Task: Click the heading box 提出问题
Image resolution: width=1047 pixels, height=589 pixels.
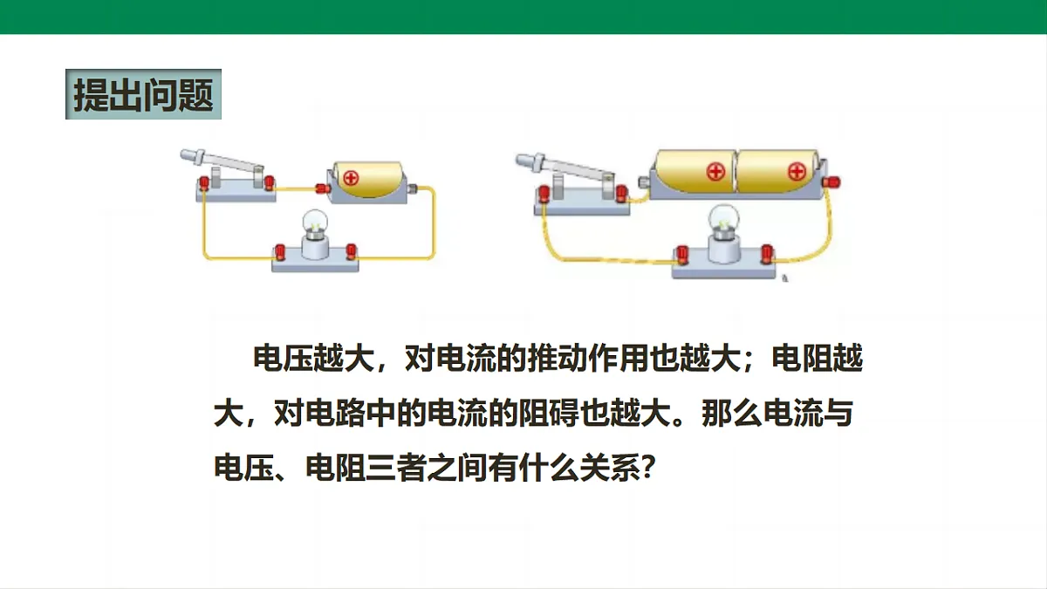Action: click(x=143, y=94)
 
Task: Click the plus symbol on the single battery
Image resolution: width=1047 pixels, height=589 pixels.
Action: click(x=351, y=178)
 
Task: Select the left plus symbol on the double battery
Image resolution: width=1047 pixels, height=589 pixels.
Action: click(x=715, y=172)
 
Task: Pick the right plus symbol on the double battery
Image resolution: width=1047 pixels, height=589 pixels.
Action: click(x=797, y=172)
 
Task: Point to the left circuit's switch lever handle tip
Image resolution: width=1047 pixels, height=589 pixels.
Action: click(x=182, y=154)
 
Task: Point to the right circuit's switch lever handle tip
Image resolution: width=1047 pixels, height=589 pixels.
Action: click(x=518, y=160)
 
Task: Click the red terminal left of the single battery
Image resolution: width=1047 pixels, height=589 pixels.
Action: click(x=323, y=188)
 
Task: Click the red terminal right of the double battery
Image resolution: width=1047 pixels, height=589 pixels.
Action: click(x=831, y=181)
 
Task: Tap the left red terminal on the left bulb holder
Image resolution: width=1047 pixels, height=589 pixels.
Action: click(x=280, y=252)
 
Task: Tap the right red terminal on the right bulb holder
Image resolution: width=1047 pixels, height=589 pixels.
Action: click(x=767, y=253)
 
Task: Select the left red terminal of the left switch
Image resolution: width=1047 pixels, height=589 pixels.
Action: click(x=204, y=182)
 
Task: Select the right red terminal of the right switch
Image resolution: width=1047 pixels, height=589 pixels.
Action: click(x=621, y=193)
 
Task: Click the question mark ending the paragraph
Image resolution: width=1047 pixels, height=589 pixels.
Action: click(x=647, y=468)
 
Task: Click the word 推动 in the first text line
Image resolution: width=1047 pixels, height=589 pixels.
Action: click(x=558, y=359)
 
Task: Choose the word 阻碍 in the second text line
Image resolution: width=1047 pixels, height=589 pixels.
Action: click(x=549, y=414)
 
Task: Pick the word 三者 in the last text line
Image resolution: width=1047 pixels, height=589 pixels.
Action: click(x=395, y=468)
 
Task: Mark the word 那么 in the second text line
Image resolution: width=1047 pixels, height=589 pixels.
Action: click(x=731, y=414)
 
